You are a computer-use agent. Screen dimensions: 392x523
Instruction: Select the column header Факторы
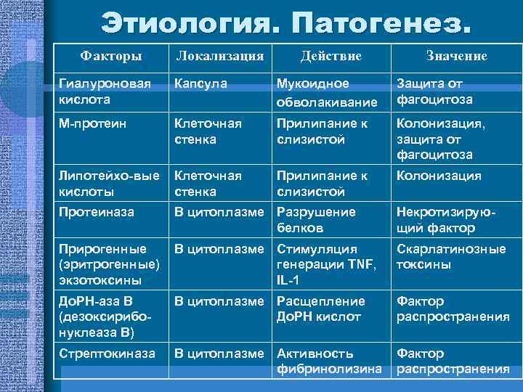111,56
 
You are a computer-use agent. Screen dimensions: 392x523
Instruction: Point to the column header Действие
331,56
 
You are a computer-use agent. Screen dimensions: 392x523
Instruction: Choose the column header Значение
456,56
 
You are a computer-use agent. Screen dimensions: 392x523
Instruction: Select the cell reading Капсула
200,83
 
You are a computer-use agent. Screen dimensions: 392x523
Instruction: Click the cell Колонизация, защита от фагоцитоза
440,139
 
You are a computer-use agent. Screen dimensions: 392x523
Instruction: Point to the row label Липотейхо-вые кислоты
109,184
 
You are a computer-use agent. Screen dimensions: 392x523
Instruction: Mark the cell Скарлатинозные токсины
450,256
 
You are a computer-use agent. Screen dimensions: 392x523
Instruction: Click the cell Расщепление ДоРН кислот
320,309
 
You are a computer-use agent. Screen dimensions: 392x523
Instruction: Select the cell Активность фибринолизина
329,361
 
